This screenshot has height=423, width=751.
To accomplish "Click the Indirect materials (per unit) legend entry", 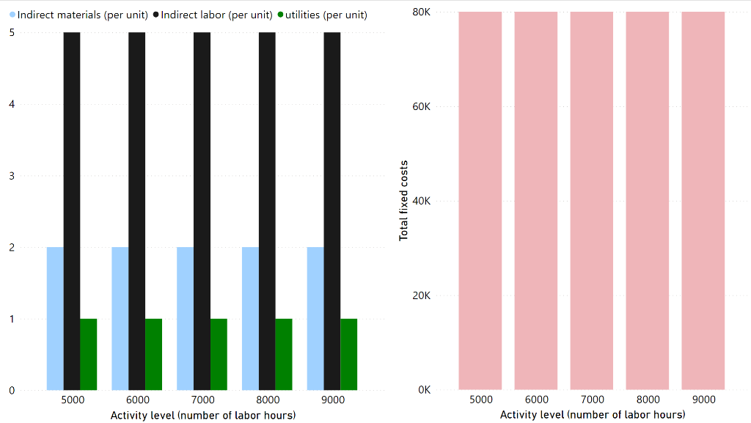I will [80, 15].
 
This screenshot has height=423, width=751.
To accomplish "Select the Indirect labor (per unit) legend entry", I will [213, 15].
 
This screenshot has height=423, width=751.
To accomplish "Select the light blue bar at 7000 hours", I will [185, 318].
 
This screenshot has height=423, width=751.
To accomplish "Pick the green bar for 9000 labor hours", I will [348, 354].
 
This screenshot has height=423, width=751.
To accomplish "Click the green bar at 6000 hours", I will [153, 354].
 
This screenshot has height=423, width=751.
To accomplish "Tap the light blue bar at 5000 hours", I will [55, 318].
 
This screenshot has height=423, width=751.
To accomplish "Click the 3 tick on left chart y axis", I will [12, 176].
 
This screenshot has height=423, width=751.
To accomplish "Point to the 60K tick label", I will [421, 106].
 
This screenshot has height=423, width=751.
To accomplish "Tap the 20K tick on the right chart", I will [421, 295].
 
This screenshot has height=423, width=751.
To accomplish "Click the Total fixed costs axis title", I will [403, 200].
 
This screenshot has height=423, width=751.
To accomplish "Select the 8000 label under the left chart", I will [268, 400].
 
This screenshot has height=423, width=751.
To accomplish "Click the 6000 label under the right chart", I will [536, 400].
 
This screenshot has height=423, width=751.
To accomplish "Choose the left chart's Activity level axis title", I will [203, 415].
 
